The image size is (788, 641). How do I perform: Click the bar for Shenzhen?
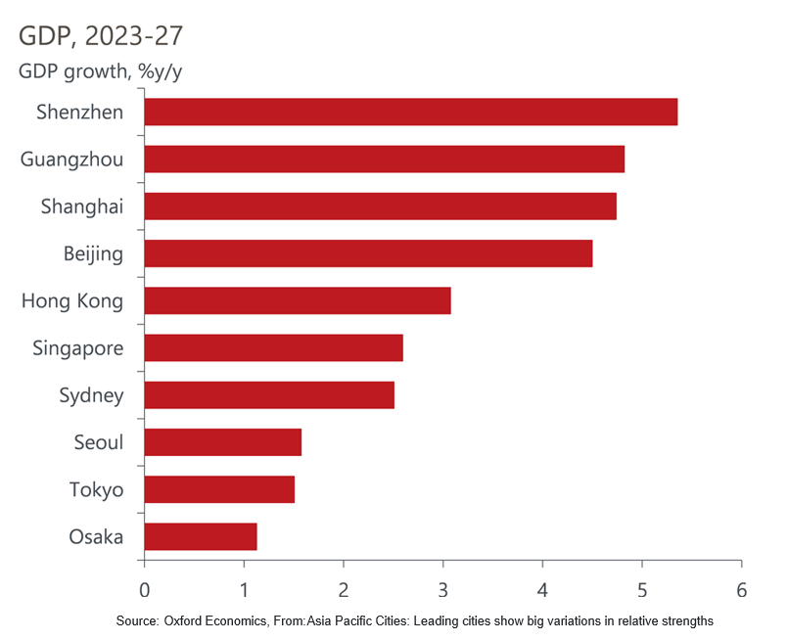pyautogui.click(x=410, y=113)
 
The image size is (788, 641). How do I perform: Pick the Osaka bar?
pyautogui.click(x=200, y=536)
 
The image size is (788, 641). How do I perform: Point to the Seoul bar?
pyautogui.click(x=222, y=442)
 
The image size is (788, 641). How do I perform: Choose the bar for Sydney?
pyautogui.click(x=268, y=395)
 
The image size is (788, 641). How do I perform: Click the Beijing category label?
pyautogui.click(x=93, y=254)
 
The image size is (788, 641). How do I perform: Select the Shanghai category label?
pyautogui.click(x=82, y=206)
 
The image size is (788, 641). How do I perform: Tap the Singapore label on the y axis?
pyautogui.click(x=77, y=348)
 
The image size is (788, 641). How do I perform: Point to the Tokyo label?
pyautogui.click(x=96, y=489)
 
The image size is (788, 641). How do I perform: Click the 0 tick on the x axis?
pyautogui.click(x=145, y=590)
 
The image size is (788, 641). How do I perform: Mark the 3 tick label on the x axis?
pyautogui.click(x=442, y=590)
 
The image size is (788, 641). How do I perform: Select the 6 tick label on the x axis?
pyautogui.click(x=741, y=590)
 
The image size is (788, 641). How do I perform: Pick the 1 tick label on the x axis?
pyautogui.click(x=244, y=590)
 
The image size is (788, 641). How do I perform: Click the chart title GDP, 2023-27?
pyautogui.click(x=101, y=36)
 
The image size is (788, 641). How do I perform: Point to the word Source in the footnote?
pyautogui.click(x=136, y=621)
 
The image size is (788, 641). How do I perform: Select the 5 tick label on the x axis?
pyautogui.click(x=641, y=590)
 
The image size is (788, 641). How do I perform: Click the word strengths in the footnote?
pyautogui.click(x=686, y=621)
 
